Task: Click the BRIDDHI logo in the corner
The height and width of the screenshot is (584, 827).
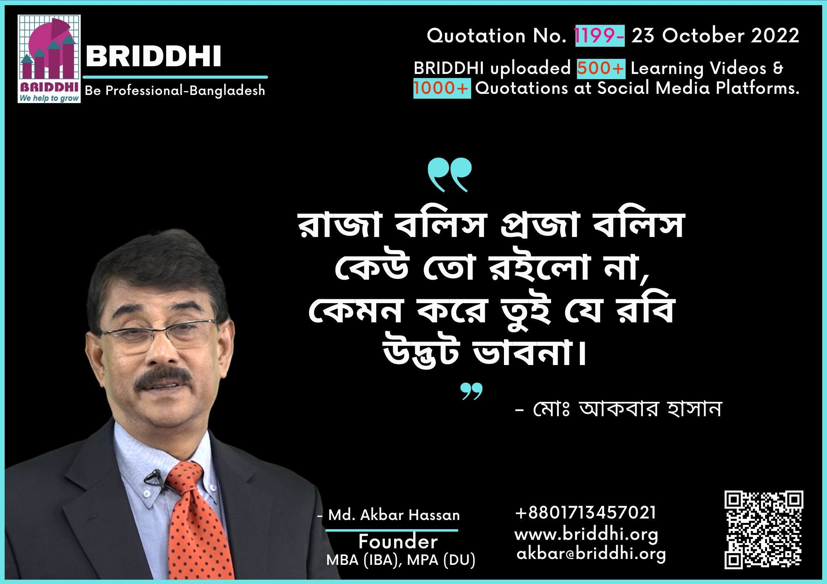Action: pyautogui.click(x=49, y=59)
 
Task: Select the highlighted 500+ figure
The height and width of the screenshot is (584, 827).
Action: pyautogui.click(x=601, y=68)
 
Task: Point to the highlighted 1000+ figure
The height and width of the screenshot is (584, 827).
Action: pyautogui.click(x=442, y=88)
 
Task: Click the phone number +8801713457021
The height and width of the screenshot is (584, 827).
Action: pyautogui.click(x=585, y=513)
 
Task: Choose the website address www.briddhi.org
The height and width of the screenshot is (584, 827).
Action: pyautogui.click(x=586, y=535)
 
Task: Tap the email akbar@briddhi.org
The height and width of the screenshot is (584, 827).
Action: pyautogui.click(x=591, y=554)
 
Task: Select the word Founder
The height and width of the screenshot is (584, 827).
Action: pyautogui.click(x=398, y=542)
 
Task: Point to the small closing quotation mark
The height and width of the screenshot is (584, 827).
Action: pyautogui.click(x=472, y=392)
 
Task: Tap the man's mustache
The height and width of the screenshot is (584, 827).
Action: pyautogui.click(x=163, y=379)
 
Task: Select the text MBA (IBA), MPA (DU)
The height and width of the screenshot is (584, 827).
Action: pyautogui.click(x=401, y=560)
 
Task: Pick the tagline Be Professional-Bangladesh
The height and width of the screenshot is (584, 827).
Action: pyautogui.click(x=175, y=91)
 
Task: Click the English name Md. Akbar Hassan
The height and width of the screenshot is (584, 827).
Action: pyautogui.click(x=394, y=515)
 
